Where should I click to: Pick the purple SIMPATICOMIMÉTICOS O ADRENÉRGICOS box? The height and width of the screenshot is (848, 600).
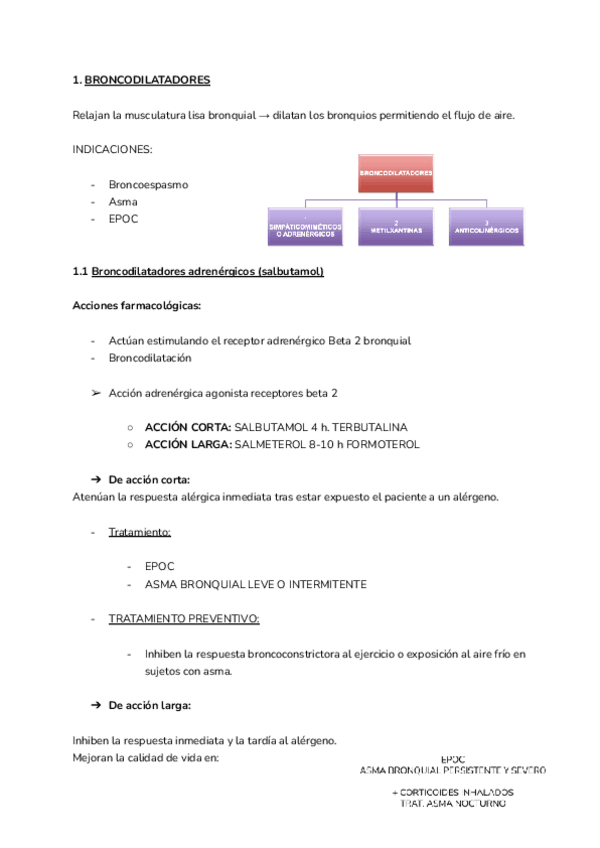coord(305,229)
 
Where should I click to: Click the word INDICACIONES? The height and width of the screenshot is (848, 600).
coord(112,149)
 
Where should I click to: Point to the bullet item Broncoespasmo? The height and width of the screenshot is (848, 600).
coord(148,184)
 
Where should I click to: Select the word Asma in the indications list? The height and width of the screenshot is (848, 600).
coord(123,201)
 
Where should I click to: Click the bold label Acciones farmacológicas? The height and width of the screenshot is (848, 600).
coord(137,306)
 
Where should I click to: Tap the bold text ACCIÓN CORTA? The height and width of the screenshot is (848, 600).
coord(188,427)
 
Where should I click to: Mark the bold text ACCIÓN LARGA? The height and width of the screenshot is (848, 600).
coord(188,444)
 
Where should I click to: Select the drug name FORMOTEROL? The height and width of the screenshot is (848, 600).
coord(382,444)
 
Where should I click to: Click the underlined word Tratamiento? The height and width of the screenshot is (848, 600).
coord(140,532)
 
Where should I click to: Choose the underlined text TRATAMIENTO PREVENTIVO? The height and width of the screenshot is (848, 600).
coord(184,619)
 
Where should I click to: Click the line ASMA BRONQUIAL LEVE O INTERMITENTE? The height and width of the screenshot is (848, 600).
coord(255,584)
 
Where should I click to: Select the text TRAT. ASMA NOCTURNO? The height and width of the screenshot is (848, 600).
coord(453,802)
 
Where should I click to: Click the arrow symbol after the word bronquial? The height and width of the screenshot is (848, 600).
coord(264,115)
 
